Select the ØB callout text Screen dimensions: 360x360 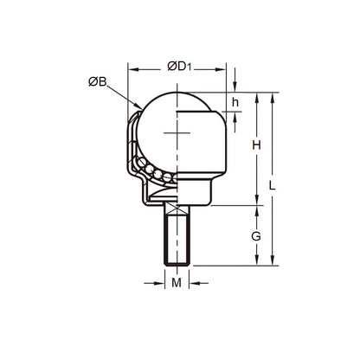pyautogui.click(x=97, y=82)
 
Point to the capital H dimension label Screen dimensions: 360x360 pyautogui.click(x=256, y=145)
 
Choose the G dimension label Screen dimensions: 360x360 pyautogui.click(x=256, y=235)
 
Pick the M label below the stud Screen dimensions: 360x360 pyautogui.click(x=177, y=282)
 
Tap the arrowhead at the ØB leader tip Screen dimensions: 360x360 pyautogui.click(x=142, y=109)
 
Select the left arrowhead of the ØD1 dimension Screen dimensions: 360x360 pyautogui.click(x=132, y=66)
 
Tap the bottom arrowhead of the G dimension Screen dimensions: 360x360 pyautogui.click(x=256, y=260)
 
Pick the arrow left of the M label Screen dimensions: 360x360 pyautogui.click(x=158, y=282)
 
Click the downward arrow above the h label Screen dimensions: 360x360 pyautogui.click(x=235, y=87)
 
